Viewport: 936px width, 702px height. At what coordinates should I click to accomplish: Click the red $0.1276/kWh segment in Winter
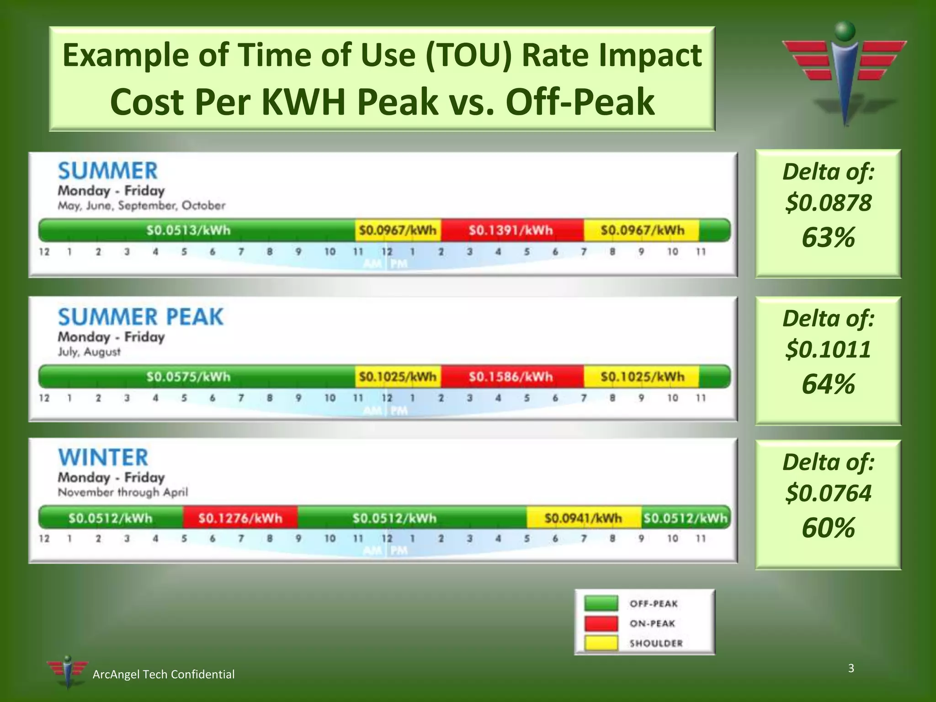click(x=240, y=518)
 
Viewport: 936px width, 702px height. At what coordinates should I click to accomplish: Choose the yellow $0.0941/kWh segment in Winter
click(x=584, y=518)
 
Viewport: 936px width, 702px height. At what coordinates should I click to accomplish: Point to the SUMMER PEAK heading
click(x=140, y=317)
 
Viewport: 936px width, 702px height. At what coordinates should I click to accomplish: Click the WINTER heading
click(x=103, y=457)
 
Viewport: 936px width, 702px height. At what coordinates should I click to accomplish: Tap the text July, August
click(x=89, y=352)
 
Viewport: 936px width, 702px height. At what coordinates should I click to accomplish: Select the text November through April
click(x=122, y=492)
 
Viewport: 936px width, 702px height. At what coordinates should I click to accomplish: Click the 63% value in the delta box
click(x=828, y=238)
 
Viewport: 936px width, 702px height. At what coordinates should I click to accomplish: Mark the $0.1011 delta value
click(x=828, y=350)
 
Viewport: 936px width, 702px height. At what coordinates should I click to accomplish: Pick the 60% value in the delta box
click(x=828, y=528)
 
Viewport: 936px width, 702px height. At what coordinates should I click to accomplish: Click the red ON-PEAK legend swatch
click(x=601, y=623)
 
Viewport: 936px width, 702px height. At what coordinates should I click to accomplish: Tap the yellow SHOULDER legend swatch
click(x=601, y=643)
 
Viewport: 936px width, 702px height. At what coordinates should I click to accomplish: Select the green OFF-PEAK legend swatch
click(x=601, y=603)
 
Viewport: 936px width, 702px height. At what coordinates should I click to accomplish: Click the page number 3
click(x=851, y=668)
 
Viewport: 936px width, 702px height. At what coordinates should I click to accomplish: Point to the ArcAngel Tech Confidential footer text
click(x=163, y=675)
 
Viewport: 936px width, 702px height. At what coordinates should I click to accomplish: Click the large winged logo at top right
click(x=844, y=73)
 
